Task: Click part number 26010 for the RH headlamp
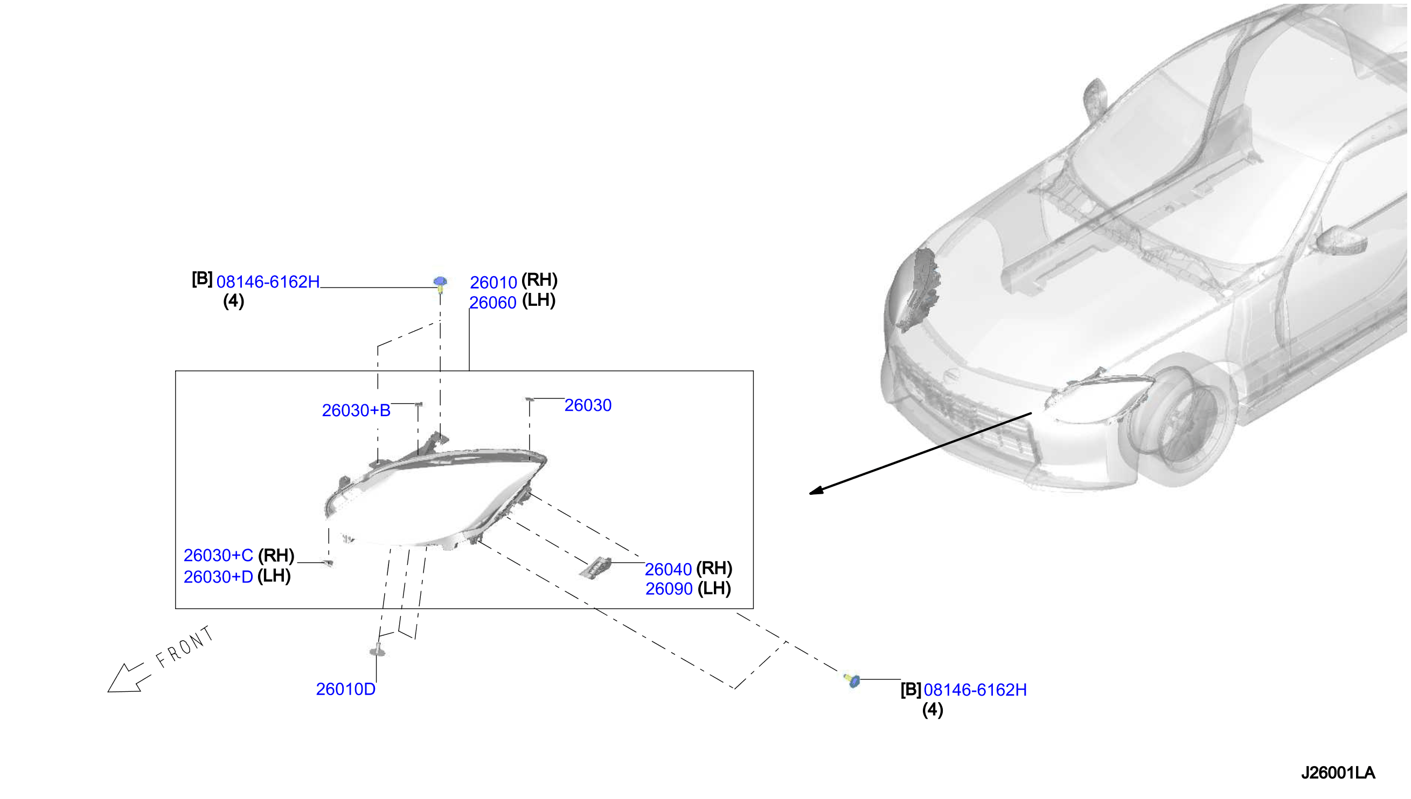point(493,282)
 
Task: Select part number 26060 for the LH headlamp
point(492,303)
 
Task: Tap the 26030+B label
point(356,410)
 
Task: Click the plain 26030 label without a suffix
point(587,405)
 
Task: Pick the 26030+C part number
point(218,555)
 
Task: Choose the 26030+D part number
point(218,577)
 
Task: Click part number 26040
point(668,569)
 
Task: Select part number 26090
point(668,589)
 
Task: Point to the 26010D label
point(345,689)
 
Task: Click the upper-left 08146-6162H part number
point(268,282)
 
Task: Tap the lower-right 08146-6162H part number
point(975,690)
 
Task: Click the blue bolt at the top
point(440,284)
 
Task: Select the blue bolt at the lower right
point(852,681)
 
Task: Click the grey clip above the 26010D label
point(377,650)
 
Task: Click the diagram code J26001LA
point(1337,773)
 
